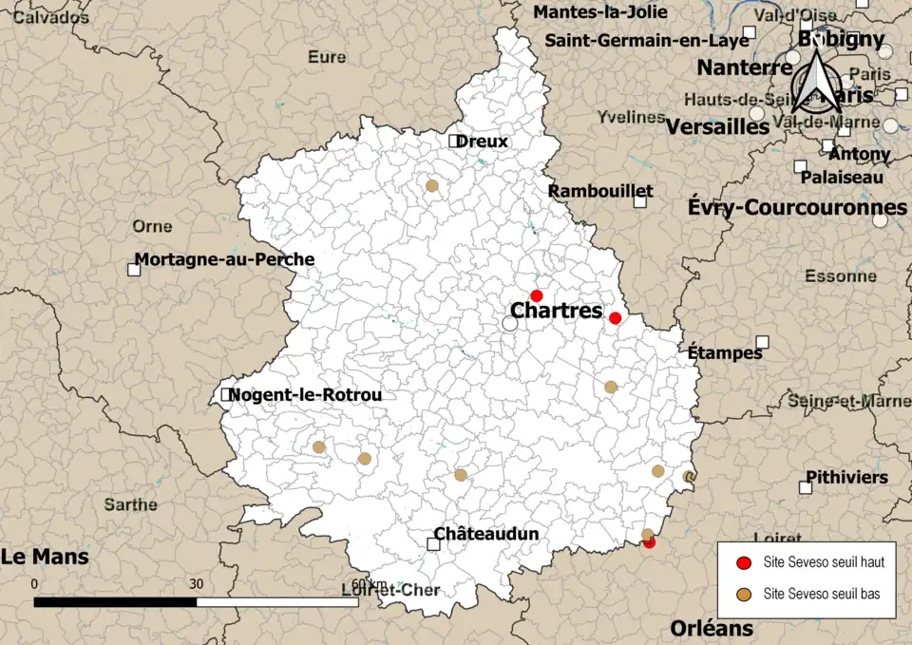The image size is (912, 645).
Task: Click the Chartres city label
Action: click(556, 311)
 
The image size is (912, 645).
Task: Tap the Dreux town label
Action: click(482, 142)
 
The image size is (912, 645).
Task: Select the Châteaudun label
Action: click(486, 534)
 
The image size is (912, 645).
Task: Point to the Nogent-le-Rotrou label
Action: click(305, 394)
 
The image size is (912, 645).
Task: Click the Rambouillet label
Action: click(600, 191)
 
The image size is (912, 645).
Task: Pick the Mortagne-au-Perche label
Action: click(224, 258)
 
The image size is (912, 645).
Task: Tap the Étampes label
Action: click(726, 353)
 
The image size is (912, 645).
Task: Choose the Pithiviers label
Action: click(846, 477)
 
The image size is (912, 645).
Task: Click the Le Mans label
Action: click(45, 557)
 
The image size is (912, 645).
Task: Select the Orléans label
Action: click(712, 628)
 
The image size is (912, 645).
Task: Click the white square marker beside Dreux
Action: click(455, 141)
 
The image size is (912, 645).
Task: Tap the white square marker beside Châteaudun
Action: click(434, 544)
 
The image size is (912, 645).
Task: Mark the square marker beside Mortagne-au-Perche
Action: click(134, 270)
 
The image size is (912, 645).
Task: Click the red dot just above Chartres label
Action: click(536, 295)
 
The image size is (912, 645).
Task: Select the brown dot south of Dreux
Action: click(432, 186)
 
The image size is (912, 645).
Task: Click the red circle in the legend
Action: click(745, 562)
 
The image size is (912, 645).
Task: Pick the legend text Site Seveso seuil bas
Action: click(821, 595)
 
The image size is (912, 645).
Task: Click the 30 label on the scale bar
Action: click(197, 583)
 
